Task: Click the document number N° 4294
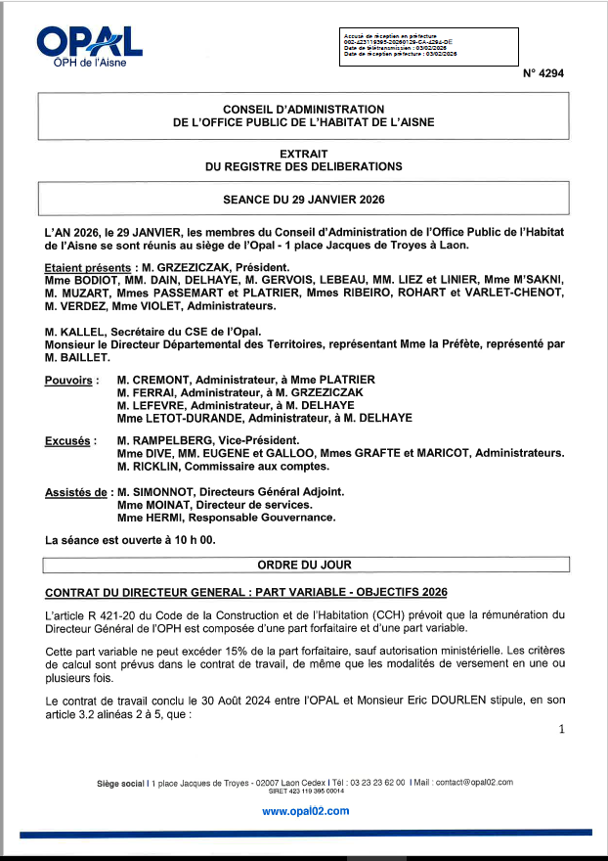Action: (x=543, y=73)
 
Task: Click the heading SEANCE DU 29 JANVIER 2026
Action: (x=304, y=199)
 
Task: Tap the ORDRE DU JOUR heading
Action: (x=304, y=565)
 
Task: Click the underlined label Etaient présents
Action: (x=86, y=267)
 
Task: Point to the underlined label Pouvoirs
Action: (x=69, y=380)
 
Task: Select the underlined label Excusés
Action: (x=68, y=440)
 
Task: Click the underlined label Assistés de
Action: (x=76, y=492)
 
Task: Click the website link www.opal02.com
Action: (x=305, y=811)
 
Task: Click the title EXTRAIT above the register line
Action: (x=304, y=154)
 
